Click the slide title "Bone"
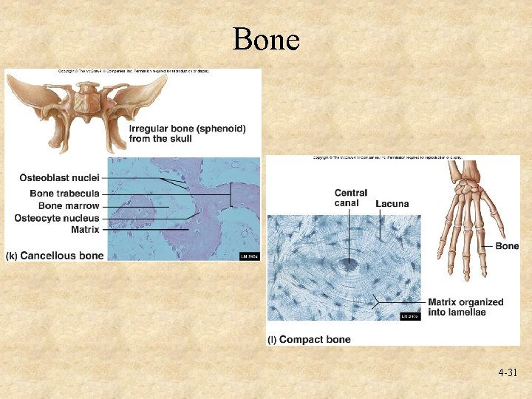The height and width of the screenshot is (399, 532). (x=266, y=39)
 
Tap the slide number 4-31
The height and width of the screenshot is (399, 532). (x=507, y=373)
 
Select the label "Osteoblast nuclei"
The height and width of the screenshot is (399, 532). (x=59, y=178)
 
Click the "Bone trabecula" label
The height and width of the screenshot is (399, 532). (x=64, y=194)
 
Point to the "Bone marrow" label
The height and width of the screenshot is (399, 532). (x=69, y=206)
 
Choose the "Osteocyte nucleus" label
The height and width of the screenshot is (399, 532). (x=57, y=218)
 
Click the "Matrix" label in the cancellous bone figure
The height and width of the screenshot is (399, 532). (x=85, y=230)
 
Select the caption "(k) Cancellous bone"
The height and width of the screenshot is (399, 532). (x=55, y=256)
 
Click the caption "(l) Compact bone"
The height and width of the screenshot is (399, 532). (x=309, y=339)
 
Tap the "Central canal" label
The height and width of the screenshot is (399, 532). (x=351, y=198)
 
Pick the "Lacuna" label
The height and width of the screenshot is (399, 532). (x=392, y=203)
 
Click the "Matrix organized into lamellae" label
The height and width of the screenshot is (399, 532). (x=465, y=307)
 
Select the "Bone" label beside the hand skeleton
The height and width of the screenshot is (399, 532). (x=507, y=246)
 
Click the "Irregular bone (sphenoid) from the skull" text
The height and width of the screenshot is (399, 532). (x=187, y=133)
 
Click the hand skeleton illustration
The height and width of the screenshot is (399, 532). (x=473, y=214)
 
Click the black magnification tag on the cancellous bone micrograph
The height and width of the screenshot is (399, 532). (x=249, y=256)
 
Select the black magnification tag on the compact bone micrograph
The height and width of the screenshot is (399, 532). (x=409, y=316)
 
